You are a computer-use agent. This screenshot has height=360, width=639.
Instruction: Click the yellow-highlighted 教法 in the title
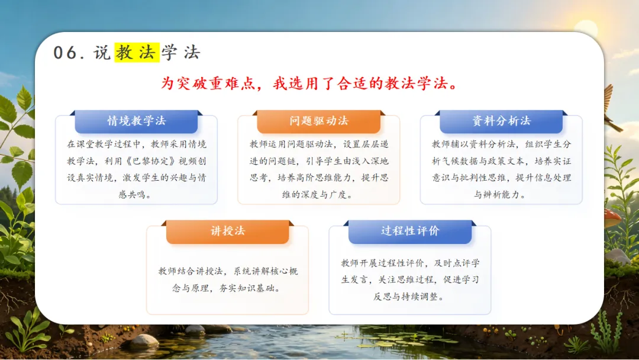coord(137,52)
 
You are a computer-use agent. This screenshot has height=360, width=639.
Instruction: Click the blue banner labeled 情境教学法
coord(136,121)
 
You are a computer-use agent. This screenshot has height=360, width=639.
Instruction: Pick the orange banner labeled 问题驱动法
coord(319,121)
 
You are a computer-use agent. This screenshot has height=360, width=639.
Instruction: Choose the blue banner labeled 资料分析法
coord(501,121)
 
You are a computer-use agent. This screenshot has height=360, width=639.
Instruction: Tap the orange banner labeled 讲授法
coord(227,231)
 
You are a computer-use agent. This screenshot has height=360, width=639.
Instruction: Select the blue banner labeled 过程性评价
coord(410,231)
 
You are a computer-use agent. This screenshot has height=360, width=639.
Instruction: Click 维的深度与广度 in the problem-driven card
coord(314,194)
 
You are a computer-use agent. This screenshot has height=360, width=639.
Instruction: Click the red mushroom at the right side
coord(613,218)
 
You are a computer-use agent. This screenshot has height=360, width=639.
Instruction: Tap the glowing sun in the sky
coord(586,28)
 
